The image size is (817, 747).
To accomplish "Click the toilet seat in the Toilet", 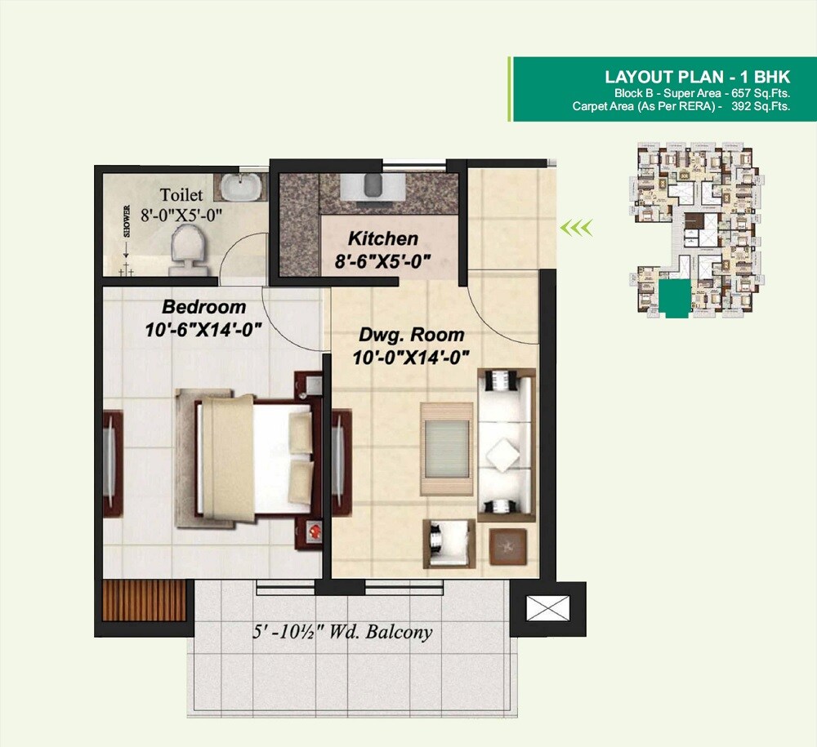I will [185, 247].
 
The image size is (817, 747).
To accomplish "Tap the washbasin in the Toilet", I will [241, 187].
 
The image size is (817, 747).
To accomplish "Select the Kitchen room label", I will [382, 239].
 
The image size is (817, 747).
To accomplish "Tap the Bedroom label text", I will [203, 308].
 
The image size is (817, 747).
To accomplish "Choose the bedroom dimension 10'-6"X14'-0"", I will [203, 331].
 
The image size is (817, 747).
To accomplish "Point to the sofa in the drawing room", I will [506, 446].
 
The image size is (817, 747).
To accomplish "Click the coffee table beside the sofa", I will [447, 448].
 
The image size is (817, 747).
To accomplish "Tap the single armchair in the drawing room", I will [448, 541].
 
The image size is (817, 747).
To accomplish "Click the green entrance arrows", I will [575, 227].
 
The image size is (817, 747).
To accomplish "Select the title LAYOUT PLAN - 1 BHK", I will [697, 78].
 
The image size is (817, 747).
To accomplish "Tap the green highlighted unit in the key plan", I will [674, 300].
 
